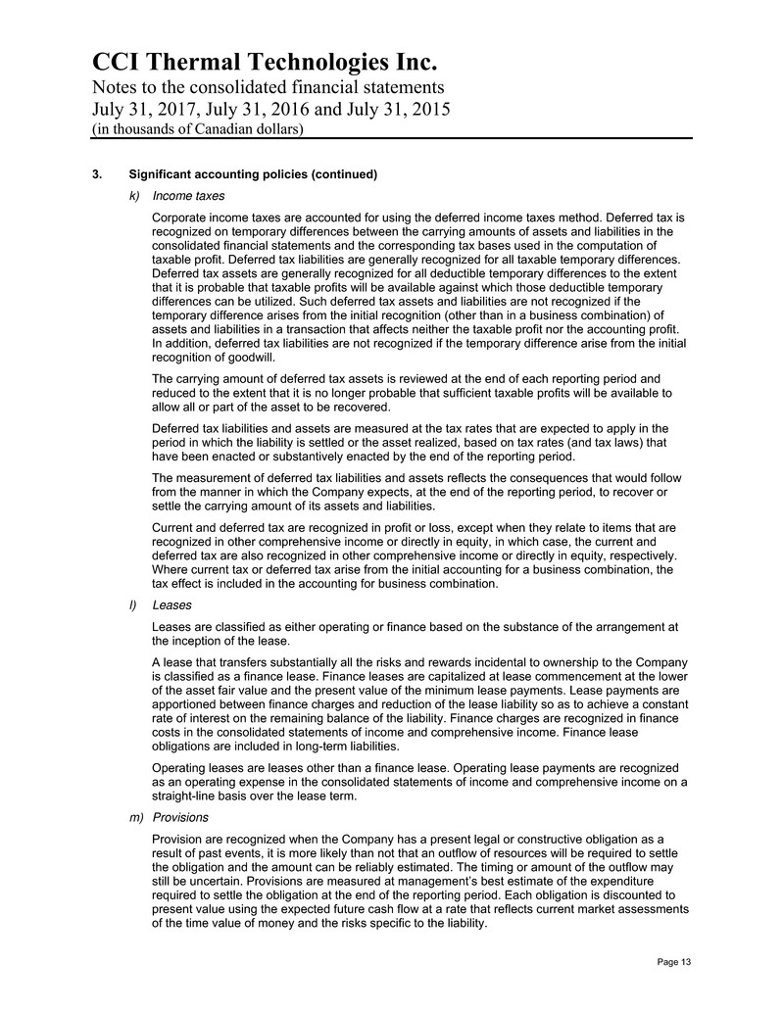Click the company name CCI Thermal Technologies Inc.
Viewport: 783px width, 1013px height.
(265, 64)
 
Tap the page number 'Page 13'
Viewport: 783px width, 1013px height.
(673, 962)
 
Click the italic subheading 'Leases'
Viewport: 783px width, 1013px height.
(172, 605)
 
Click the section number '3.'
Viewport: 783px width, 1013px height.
(97, 175)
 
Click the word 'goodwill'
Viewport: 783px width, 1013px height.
(238, 359)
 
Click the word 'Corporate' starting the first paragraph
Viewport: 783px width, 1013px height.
(183, 217)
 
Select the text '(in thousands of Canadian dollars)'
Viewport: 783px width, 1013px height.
(198, 129)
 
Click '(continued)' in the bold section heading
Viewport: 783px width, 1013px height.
(344, 175)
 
